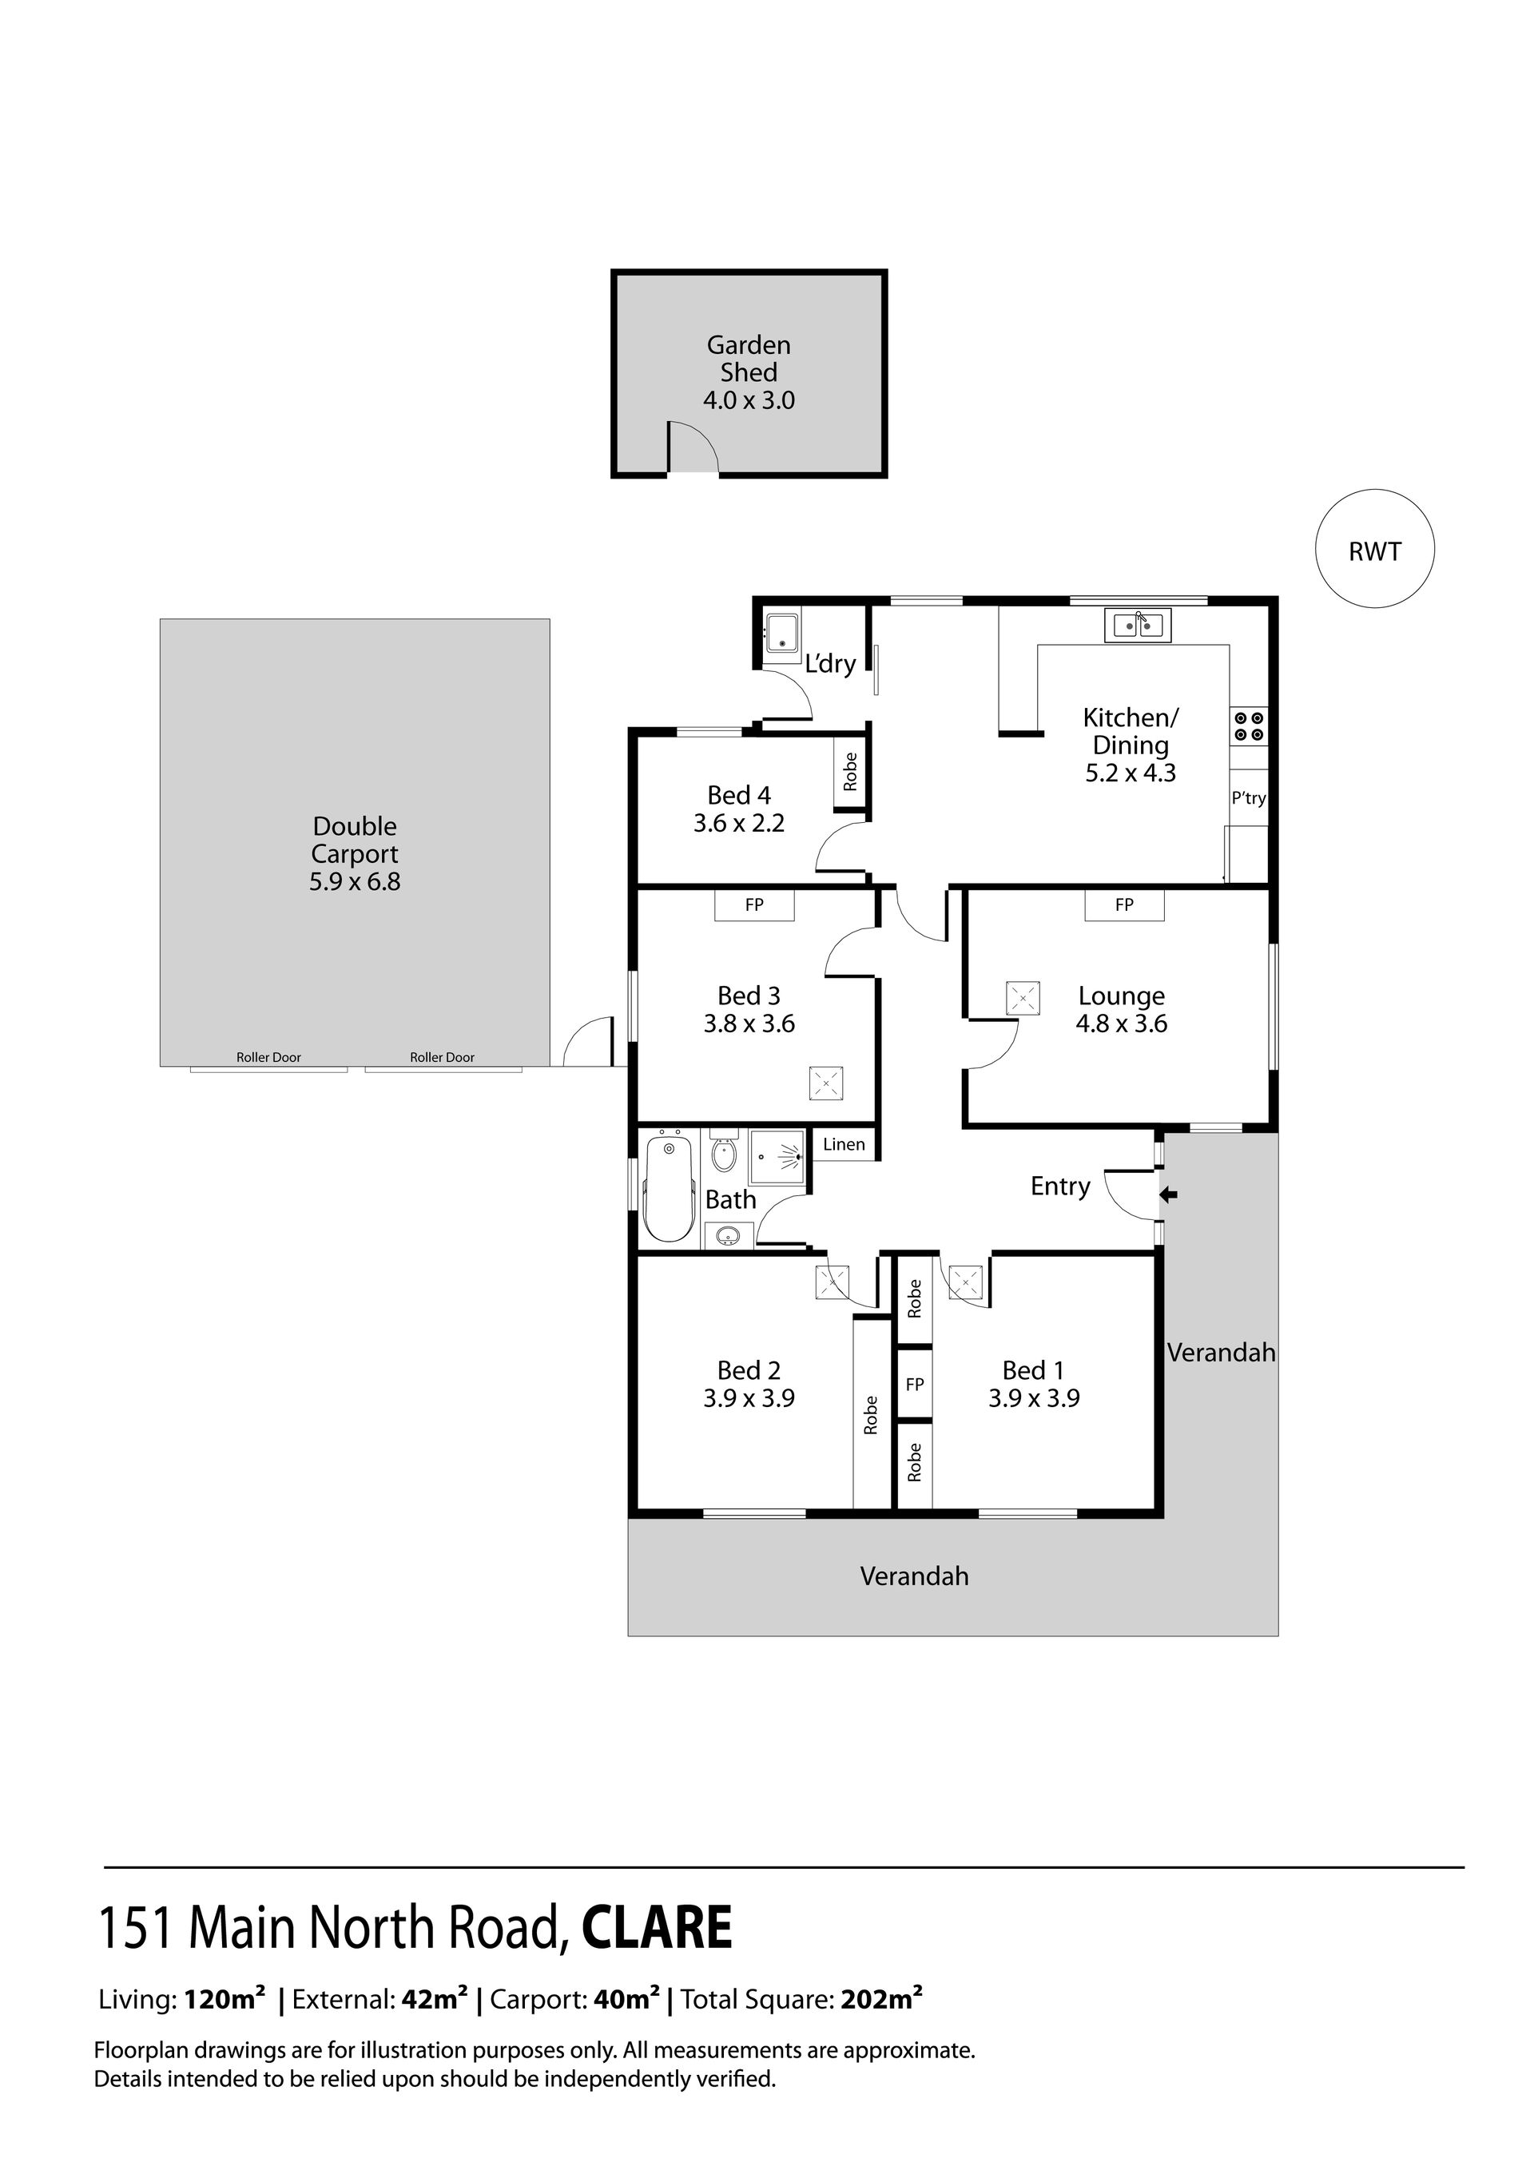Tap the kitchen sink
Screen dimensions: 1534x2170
click(1138, 625)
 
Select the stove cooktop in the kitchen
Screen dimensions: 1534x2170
click(1249, 725)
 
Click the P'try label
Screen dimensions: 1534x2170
click(1248, 797)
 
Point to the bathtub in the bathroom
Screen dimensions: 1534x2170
click(670, 1189)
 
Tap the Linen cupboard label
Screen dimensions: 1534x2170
click(843, 1145)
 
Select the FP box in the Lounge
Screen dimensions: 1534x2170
click(1124, 904)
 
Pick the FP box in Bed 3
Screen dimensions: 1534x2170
click(754, 904)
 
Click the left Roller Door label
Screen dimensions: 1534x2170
click(268, 1058)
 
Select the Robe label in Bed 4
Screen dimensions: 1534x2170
click(850, 771)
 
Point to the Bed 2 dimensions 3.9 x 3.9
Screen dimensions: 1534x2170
click(749, 1398)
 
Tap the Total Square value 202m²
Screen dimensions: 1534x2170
click(881, 1999)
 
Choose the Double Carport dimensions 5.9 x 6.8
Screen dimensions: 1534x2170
click(355, 882)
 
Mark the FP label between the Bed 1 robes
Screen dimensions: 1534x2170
click(914, 1385)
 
